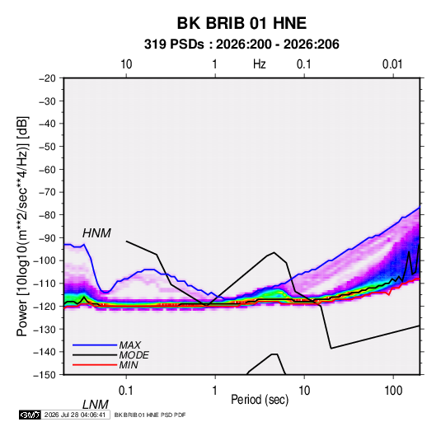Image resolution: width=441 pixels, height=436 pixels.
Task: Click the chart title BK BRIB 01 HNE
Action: coord(242,23)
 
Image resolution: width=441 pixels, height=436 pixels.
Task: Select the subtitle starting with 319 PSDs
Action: coord(242,45)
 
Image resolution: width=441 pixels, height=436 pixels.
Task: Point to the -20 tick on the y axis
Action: coord(47,78)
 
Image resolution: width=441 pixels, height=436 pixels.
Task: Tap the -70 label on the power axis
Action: coord(47,192)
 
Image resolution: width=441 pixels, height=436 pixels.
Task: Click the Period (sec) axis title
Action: coord(260,400)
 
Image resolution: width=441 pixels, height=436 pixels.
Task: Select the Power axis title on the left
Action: coord(22,227)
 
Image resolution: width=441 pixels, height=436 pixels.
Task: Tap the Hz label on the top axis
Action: coord(260,64)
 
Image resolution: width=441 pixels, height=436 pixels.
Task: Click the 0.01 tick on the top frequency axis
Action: coord(392,64)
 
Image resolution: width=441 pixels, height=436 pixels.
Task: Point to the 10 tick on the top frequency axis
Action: coord(126,64)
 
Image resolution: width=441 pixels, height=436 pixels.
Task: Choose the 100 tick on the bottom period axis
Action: coord(393,391)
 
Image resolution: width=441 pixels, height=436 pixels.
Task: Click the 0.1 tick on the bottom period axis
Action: coord(126,391)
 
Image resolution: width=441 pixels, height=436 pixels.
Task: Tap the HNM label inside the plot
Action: coord(96,233)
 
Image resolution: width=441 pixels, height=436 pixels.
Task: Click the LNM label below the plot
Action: coord(95,405)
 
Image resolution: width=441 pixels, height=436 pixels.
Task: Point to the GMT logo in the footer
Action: coord(30,415)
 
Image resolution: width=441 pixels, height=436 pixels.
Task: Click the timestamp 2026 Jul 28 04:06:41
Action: coord(75,415)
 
